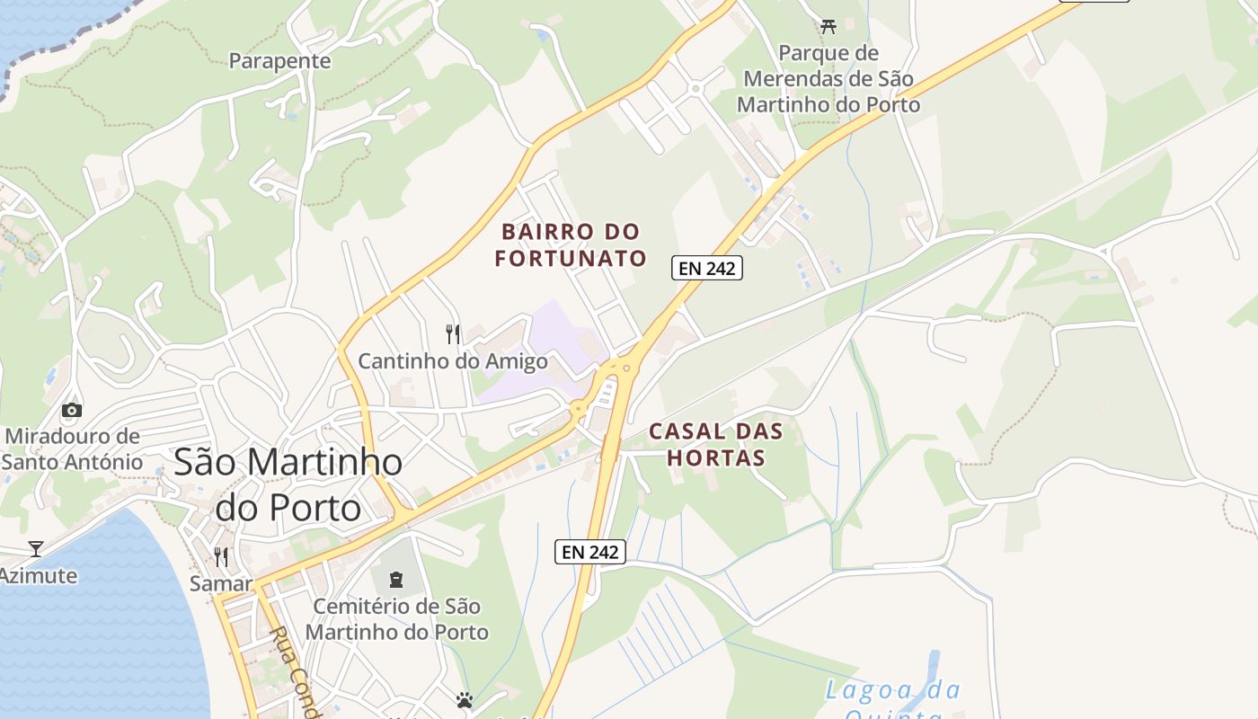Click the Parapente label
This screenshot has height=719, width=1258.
point(279,61)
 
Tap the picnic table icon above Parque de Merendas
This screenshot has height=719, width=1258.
point(828,27)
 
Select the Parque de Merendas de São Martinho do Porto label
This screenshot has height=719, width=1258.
point(828,79)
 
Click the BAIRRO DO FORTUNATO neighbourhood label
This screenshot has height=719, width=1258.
point(571,245)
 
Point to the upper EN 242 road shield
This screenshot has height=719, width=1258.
point(707,268)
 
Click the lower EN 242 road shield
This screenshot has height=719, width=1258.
point(589,552)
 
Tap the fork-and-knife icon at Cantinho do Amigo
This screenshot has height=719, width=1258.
point(453,334)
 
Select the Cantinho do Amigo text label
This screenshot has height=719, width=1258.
point(453,361)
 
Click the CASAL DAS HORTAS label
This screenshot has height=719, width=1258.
point(716,444)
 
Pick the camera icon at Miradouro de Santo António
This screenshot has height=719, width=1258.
point(72,411)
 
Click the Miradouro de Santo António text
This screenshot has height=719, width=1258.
point(72,449)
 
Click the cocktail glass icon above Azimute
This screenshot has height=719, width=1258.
point(36,548)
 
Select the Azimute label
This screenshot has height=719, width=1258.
point(38,575)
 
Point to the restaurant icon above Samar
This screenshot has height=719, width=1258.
point(221,557)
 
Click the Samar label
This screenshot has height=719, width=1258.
point(221,584)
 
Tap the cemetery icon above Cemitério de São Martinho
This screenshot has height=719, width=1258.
point(396,579)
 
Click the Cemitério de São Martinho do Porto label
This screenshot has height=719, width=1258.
point(396,619)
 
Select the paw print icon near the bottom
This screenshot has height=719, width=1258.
point(465,699)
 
